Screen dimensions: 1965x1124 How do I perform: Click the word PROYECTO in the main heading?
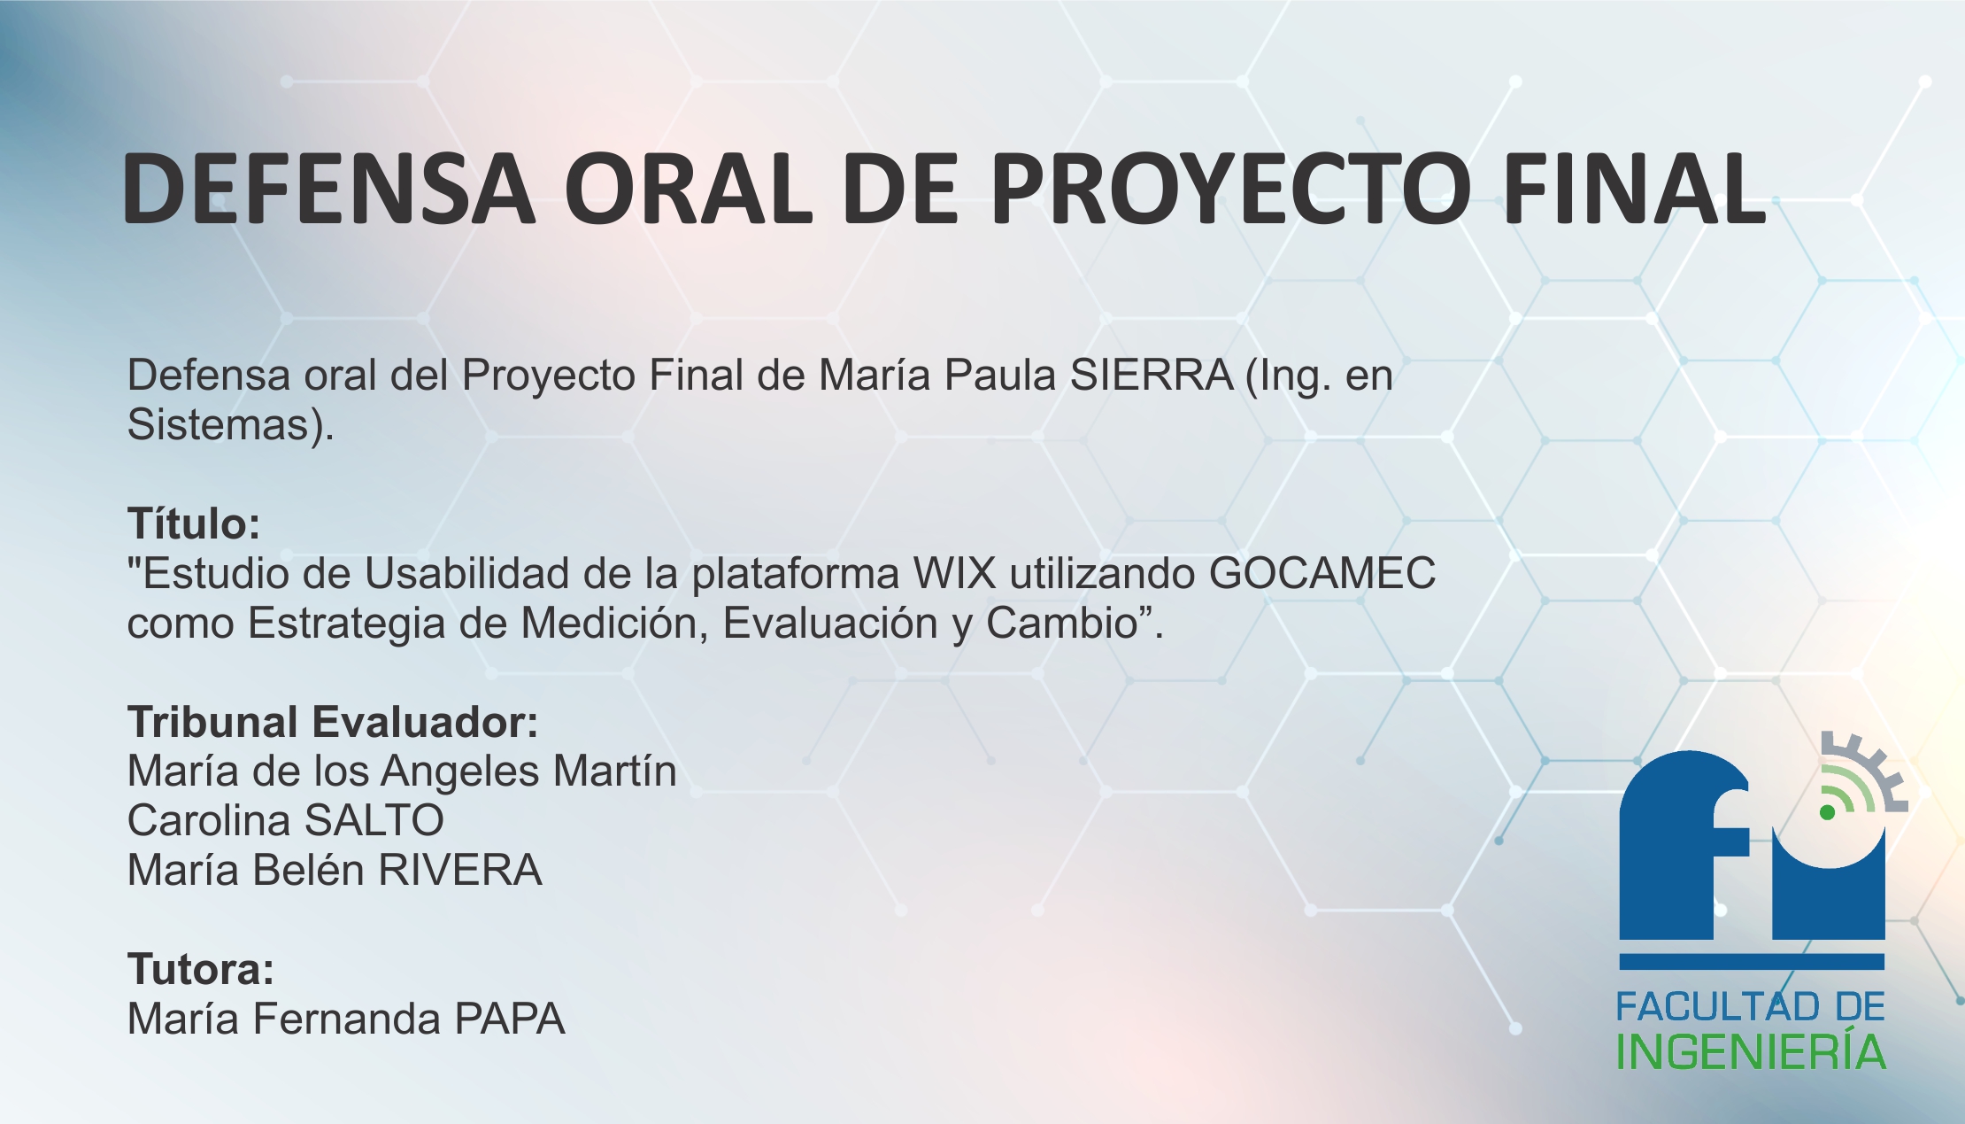[1230, 189]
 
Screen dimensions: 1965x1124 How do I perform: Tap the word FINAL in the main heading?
[1634, 189]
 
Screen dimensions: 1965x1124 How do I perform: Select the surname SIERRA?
[1152, 376]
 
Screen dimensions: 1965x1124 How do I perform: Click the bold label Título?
[194, 523]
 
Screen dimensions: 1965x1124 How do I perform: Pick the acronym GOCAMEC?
[1322, 574]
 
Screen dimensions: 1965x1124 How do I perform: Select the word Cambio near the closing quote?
[1061, 624]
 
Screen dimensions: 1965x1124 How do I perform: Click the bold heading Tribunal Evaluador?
[333, 722]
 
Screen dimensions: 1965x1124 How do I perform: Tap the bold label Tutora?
[201, 969]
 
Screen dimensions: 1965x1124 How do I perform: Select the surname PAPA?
[510, 1019]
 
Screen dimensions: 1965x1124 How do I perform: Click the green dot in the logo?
[1827, 812]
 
